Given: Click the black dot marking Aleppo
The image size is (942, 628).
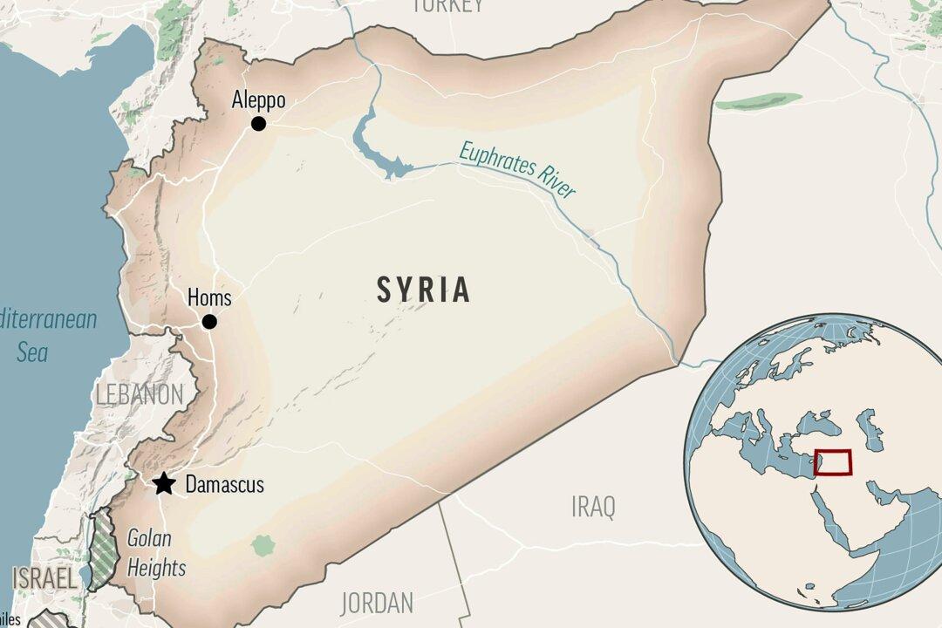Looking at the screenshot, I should [x=258, y=124].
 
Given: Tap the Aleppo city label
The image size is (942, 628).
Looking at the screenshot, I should [x=258, y=100].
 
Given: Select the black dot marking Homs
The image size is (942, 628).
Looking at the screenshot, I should [x=209, y=322].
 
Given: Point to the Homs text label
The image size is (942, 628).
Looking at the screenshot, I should [x=209, y=298].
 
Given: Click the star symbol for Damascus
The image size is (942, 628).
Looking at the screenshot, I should [x=163, y=484].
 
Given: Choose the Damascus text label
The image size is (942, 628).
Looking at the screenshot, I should [x=224, y=485].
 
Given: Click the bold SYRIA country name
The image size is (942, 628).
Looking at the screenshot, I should [x=424, y=290].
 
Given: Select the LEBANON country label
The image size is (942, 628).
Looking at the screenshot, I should [x=140, y=393].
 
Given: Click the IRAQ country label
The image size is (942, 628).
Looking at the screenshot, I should [x=593, y=506].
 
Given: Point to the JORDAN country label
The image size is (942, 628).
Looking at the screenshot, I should [x=377, y=602].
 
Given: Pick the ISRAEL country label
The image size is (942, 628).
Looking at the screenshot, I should [x=44, y=577].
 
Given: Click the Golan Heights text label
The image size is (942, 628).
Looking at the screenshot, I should [x=157, y=553].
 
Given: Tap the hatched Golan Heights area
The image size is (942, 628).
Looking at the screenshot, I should [x=105, y=545].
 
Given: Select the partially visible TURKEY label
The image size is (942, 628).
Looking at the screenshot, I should [x=447, y=5].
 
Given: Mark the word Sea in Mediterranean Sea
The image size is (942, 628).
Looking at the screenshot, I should [x=32, y=352].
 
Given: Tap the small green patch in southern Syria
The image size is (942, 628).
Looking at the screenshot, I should [x=263, y=546].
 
